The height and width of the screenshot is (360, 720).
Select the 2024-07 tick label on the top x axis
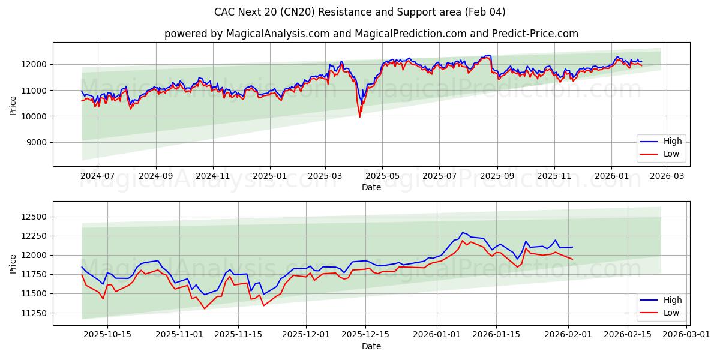click(x=97, y=176)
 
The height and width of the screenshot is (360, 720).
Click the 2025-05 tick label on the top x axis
click(x=382, y=176)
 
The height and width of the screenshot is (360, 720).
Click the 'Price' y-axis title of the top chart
click(x=13, y=105)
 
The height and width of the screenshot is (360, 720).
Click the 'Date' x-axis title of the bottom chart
click(x=371, y=346)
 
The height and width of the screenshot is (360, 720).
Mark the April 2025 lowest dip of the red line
click(x=360, y=116)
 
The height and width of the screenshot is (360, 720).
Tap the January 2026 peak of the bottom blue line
click(x=462, y=233)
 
